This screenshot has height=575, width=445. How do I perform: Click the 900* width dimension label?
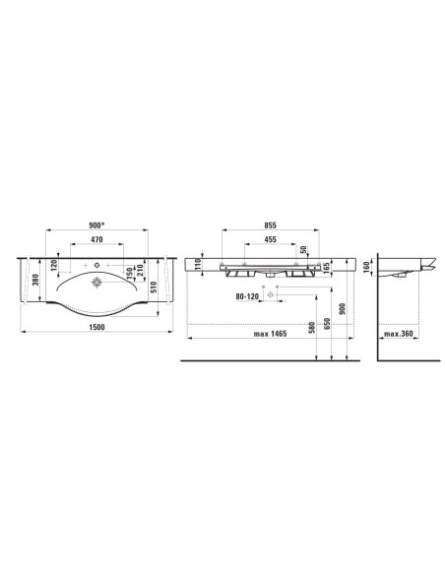coord(96,225)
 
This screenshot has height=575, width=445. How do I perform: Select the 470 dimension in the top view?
coord(96,239)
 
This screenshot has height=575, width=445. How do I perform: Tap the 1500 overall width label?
coord(97,327)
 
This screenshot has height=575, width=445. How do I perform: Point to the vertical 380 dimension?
coord(34,281)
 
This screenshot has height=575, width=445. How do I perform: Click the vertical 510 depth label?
coord(154,287)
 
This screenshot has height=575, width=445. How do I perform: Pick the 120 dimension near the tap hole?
coord(54,265)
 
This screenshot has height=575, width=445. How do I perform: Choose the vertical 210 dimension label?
coord(139,270)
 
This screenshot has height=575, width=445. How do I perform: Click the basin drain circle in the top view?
coord(96,282)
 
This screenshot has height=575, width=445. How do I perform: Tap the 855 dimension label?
coord(270,225)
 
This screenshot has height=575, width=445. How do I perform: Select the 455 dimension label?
coord(270,239)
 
